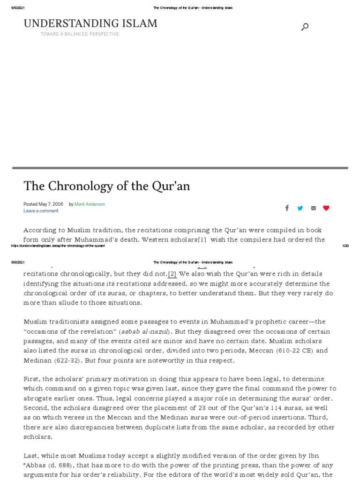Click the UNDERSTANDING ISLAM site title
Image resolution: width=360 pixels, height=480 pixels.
[x=90, y=23]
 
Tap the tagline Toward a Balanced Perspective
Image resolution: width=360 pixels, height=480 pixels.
[x=80, y=34]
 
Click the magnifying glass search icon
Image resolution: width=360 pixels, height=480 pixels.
[x=305, y=27]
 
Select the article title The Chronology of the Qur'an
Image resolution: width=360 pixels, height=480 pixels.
[x=107, y=186]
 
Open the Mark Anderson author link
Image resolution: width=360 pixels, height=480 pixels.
[x=90, y=204]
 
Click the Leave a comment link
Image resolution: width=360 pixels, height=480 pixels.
[x=41, y=211]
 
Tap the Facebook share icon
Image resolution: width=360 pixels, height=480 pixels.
[x=287, y=208]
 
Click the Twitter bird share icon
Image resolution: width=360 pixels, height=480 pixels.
[x=300, y=208]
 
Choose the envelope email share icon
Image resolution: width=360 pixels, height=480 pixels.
[x=313, y=208]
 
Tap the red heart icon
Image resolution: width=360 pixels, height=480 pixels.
[x=326, y=208]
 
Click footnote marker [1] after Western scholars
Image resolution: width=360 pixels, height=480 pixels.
[x=202, y=240]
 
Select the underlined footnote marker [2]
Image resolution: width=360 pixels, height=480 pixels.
[x=172, y=274]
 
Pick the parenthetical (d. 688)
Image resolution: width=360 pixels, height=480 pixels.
[x=62, y=465]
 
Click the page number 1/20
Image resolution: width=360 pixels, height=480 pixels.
[x=345, y=246]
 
